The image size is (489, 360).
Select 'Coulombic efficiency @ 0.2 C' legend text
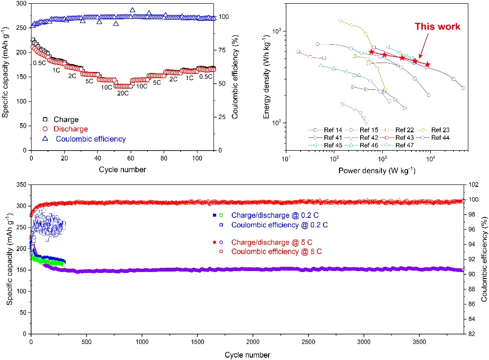[x=279, y=225]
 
